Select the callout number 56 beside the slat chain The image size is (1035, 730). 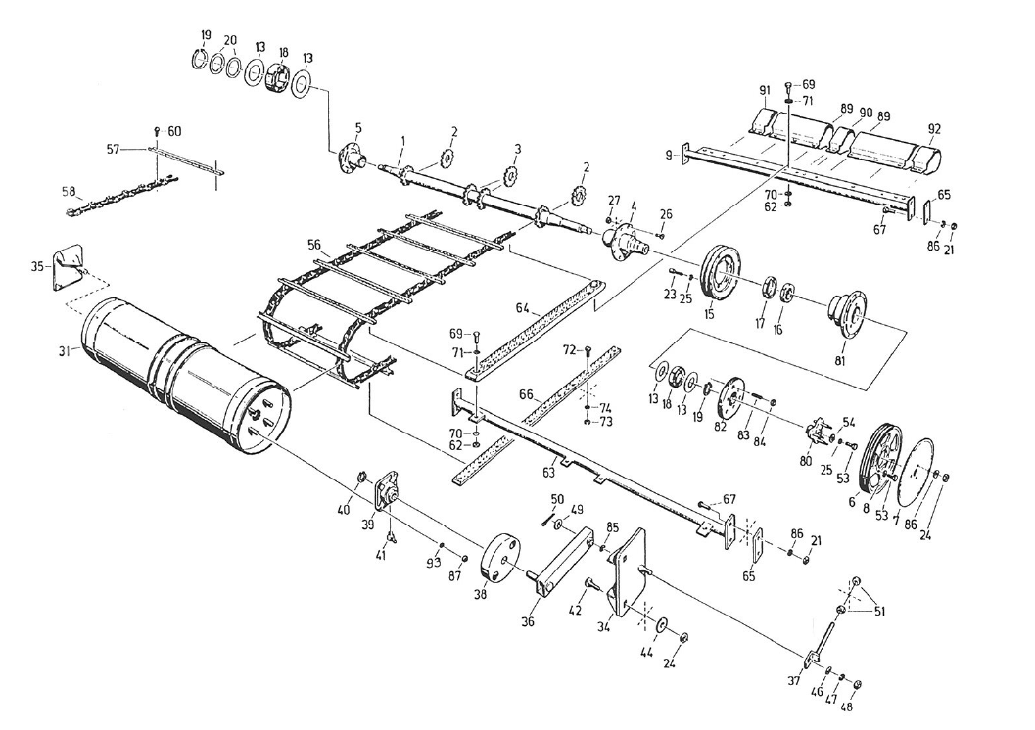click(x=313, y=246)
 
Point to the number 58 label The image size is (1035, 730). click(x=69, y=191)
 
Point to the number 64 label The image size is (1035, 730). click(x=523, y=308)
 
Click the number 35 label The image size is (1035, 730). click(x=36, y=265)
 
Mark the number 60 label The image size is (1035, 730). click(x=174, y=131)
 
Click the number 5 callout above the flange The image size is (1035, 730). click(x=357, y=128)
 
